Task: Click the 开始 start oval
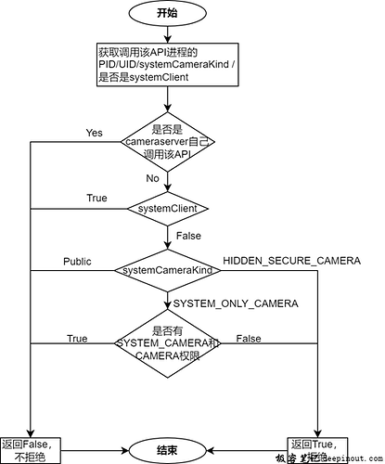point(167,14)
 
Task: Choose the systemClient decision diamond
point(168,208)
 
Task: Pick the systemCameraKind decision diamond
point(168,270)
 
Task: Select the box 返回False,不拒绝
point(32,449)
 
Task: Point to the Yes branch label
point(94,134)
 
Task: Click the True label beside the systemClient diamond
point(96,198)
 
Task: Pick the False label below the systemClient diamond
point(187,238)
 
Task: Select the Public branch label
point(77,261)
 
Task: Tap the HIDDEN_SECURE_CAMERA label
point(291,261)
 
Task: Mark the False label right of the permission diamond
point(249,340)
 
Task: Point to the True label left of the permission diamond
point(77,340)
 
